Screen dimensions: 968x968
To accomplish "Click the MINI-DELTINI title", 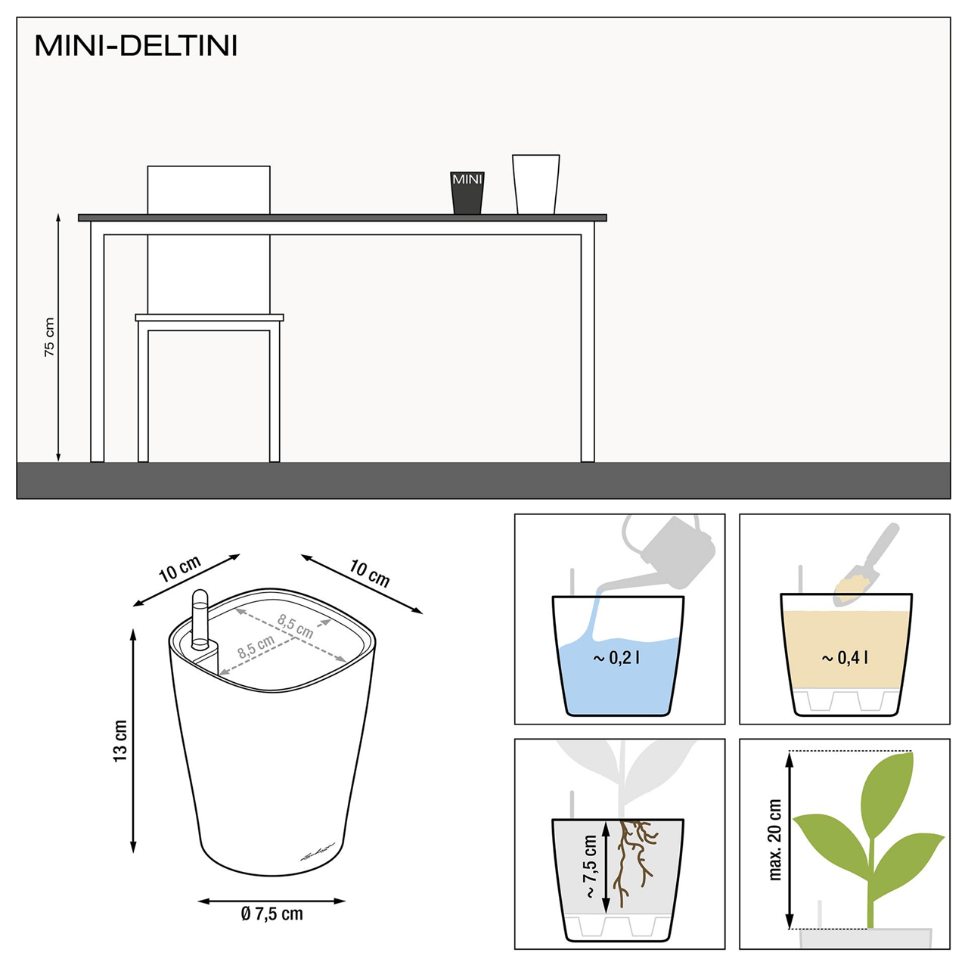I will click(x=136, y=46).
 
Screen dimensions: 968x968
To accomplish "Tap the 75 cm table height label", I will click(x=49, y=337).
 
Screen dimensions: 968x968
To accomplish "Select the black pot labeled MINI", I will click(x=467, y=194).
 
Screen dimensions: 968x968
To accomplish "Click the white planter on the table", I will click(x=535, y=185).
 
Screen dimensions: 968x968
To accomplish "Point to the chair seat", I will click(x=209, y=318).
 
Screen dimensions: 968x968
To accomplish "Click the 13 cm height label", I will click(x=120, y=740).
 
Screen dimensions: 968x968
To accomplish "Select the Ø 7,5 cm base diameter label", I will click(x=271, y=914).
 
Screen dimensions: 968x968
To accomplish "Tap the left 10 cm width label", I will click(x=180, y=569).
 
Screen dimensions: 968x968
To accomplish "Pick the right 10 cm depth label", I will click(x=369, y=573).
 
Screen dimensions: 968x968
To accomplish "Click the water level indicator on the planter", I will click(x=200, y=620).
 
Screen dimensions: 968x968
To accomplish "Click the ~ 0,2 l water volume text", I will click(x=617, y=658).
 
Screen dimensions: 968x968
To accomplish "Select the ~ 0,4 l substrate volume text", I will click(x=845, y=658).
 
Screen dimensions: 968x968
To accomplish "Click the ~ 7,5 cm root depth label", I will click(x=591, y=866).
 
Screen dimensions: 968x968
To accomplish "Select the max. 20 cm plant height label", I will click(x=775, y=839).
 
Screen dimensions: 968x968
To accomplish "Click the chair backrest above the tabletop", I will click(x=209, y=190).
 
